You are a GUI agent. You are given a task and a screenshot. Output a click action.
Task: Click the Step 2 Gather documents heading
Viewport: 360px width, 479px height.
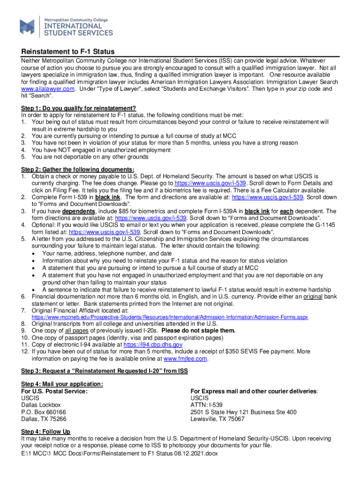(78, 169)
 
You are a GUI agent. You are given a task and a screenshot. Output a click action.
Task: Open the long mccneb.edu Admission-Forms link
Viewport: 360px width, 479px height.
(170, 317)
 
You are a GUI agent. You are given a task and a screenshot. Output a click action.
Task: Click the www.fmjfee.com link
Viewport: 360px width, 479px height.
(185, 359)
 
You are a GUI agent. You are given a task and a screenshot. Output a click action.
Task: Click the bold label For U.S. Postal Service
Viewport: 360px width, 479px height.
(55, 391)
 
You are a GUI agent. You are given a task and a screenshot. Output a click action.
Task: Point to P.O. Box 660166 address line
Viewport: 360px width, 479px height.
(43, 412)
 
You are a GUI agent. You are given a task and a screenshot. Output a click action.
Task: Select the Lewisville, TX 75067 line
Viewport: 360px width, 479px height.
(217, 419)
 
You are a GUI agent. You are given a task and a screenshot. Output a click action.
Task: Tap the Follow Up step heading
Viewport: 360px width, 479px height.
(46, 432)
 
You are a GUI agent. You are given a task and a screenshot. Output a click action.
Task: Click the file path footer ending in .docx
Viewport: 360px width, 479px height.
(119, 454)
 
